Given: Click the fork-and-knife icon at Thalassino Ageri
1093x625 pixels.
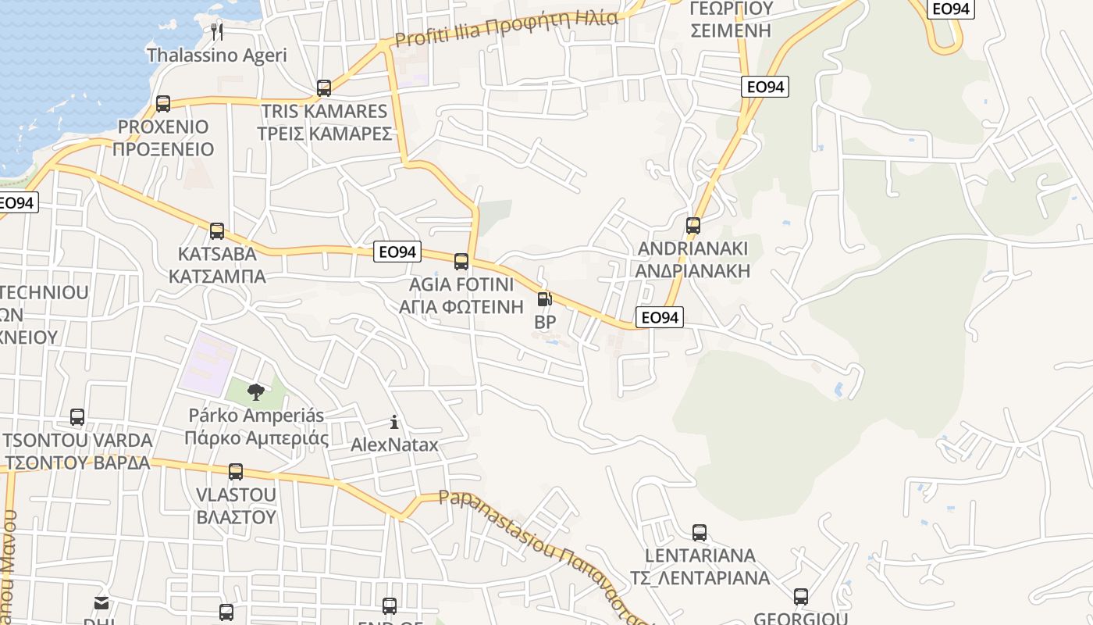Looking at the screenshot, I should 217,32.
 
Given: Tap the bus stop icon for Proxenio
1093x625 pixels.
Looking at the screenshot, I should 163,103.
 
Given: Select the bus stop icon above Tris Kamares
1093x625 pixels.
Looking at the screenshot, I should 324,87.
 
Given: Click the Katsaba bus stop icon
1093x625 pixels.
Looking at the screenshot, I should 217,231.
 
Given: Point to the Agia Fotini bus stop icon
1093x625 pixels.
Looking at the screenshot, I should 461,261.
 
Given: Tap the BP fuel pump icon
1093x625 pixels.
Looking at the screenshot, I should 545,298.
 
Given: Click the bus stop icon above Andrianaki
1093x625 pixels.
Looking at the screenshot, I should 692,226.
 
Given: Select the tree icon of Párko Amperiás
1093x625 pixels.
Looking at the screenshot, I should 255,392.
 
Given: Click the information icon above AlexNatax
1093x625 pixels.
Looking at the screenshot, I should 394,423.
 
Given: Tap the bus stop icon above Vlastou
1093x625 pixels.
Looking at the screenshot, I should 236,472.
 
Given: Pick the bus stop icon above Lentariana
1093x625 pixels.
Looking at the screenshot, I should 700,533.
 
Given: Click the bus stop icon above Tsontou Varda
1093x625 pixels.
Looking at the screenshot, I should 77,417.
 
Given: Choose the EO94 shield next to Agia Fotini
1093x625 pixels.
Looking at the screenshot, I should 397,252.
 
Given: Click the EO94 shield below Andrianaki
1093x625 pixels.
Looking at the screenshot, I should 660,317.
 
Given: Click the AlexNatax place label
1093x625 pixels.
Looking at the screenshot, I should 394,445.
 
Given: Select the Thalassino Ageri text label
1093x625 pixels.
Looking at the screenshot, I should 217,55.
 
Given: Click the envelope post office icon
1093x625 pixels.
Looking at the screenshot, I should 101,602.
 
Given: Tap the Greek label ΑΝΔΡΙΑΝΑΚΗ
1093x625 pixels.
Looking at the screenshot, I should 692,271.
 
